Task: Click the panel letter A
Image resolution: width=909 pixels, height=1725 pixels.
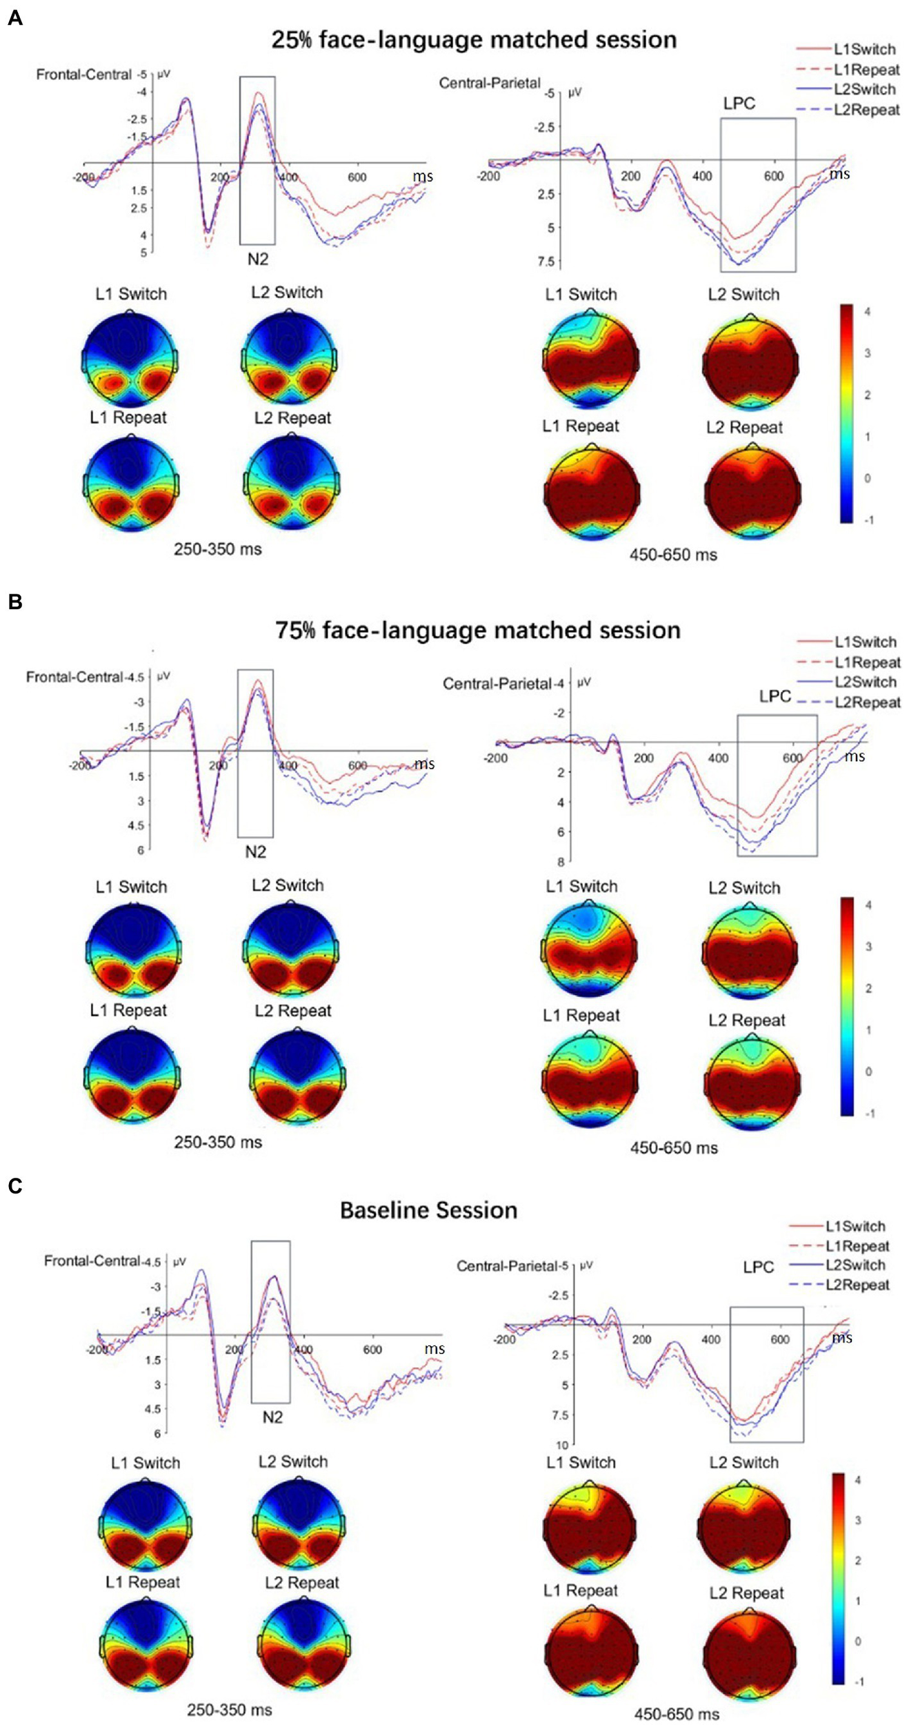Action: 14,18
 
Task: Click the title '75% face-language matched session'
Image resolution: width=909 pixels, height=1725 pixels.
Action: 477,630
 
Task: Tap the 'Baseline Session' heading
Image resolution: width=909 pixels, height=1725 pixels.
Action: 428,1210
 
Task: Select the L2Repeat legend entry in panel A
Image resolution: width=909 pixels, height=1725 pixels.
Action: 866,110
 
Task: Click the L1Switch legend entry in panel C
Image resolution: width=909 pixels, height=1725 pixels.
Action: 855,1226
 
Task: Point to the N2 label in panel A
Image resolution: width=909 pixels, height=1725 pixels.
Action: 257,259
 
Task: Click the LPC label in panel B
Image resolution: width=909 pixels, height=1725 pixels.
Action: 775,696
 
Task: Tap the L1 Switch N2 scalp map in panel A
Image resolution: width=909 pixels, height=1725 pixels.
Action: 131,359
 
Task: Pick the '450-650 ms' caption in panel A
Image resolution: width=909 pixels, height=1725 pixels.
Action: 673,554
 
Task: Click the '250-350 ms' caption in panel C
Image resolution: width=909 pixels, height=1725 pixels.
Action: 229,1710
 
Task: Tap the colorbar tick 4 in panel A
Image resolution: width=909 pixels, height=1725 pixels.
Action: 867,312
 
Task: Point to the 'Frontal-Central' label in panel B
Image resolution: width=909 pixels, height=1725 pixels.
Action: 74,677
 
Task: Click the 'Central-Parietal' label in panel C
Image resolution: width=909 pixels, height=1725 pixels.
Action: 507,1267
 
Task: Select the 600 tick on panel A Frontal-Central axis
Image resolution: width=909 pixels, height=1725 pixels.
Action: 357,177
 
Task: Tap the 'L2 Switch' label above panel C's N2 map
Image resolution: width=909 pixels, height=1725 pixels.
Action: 293,1461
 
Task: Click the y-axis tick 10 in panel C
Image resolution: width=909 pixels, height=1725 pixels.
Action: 562,1445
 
